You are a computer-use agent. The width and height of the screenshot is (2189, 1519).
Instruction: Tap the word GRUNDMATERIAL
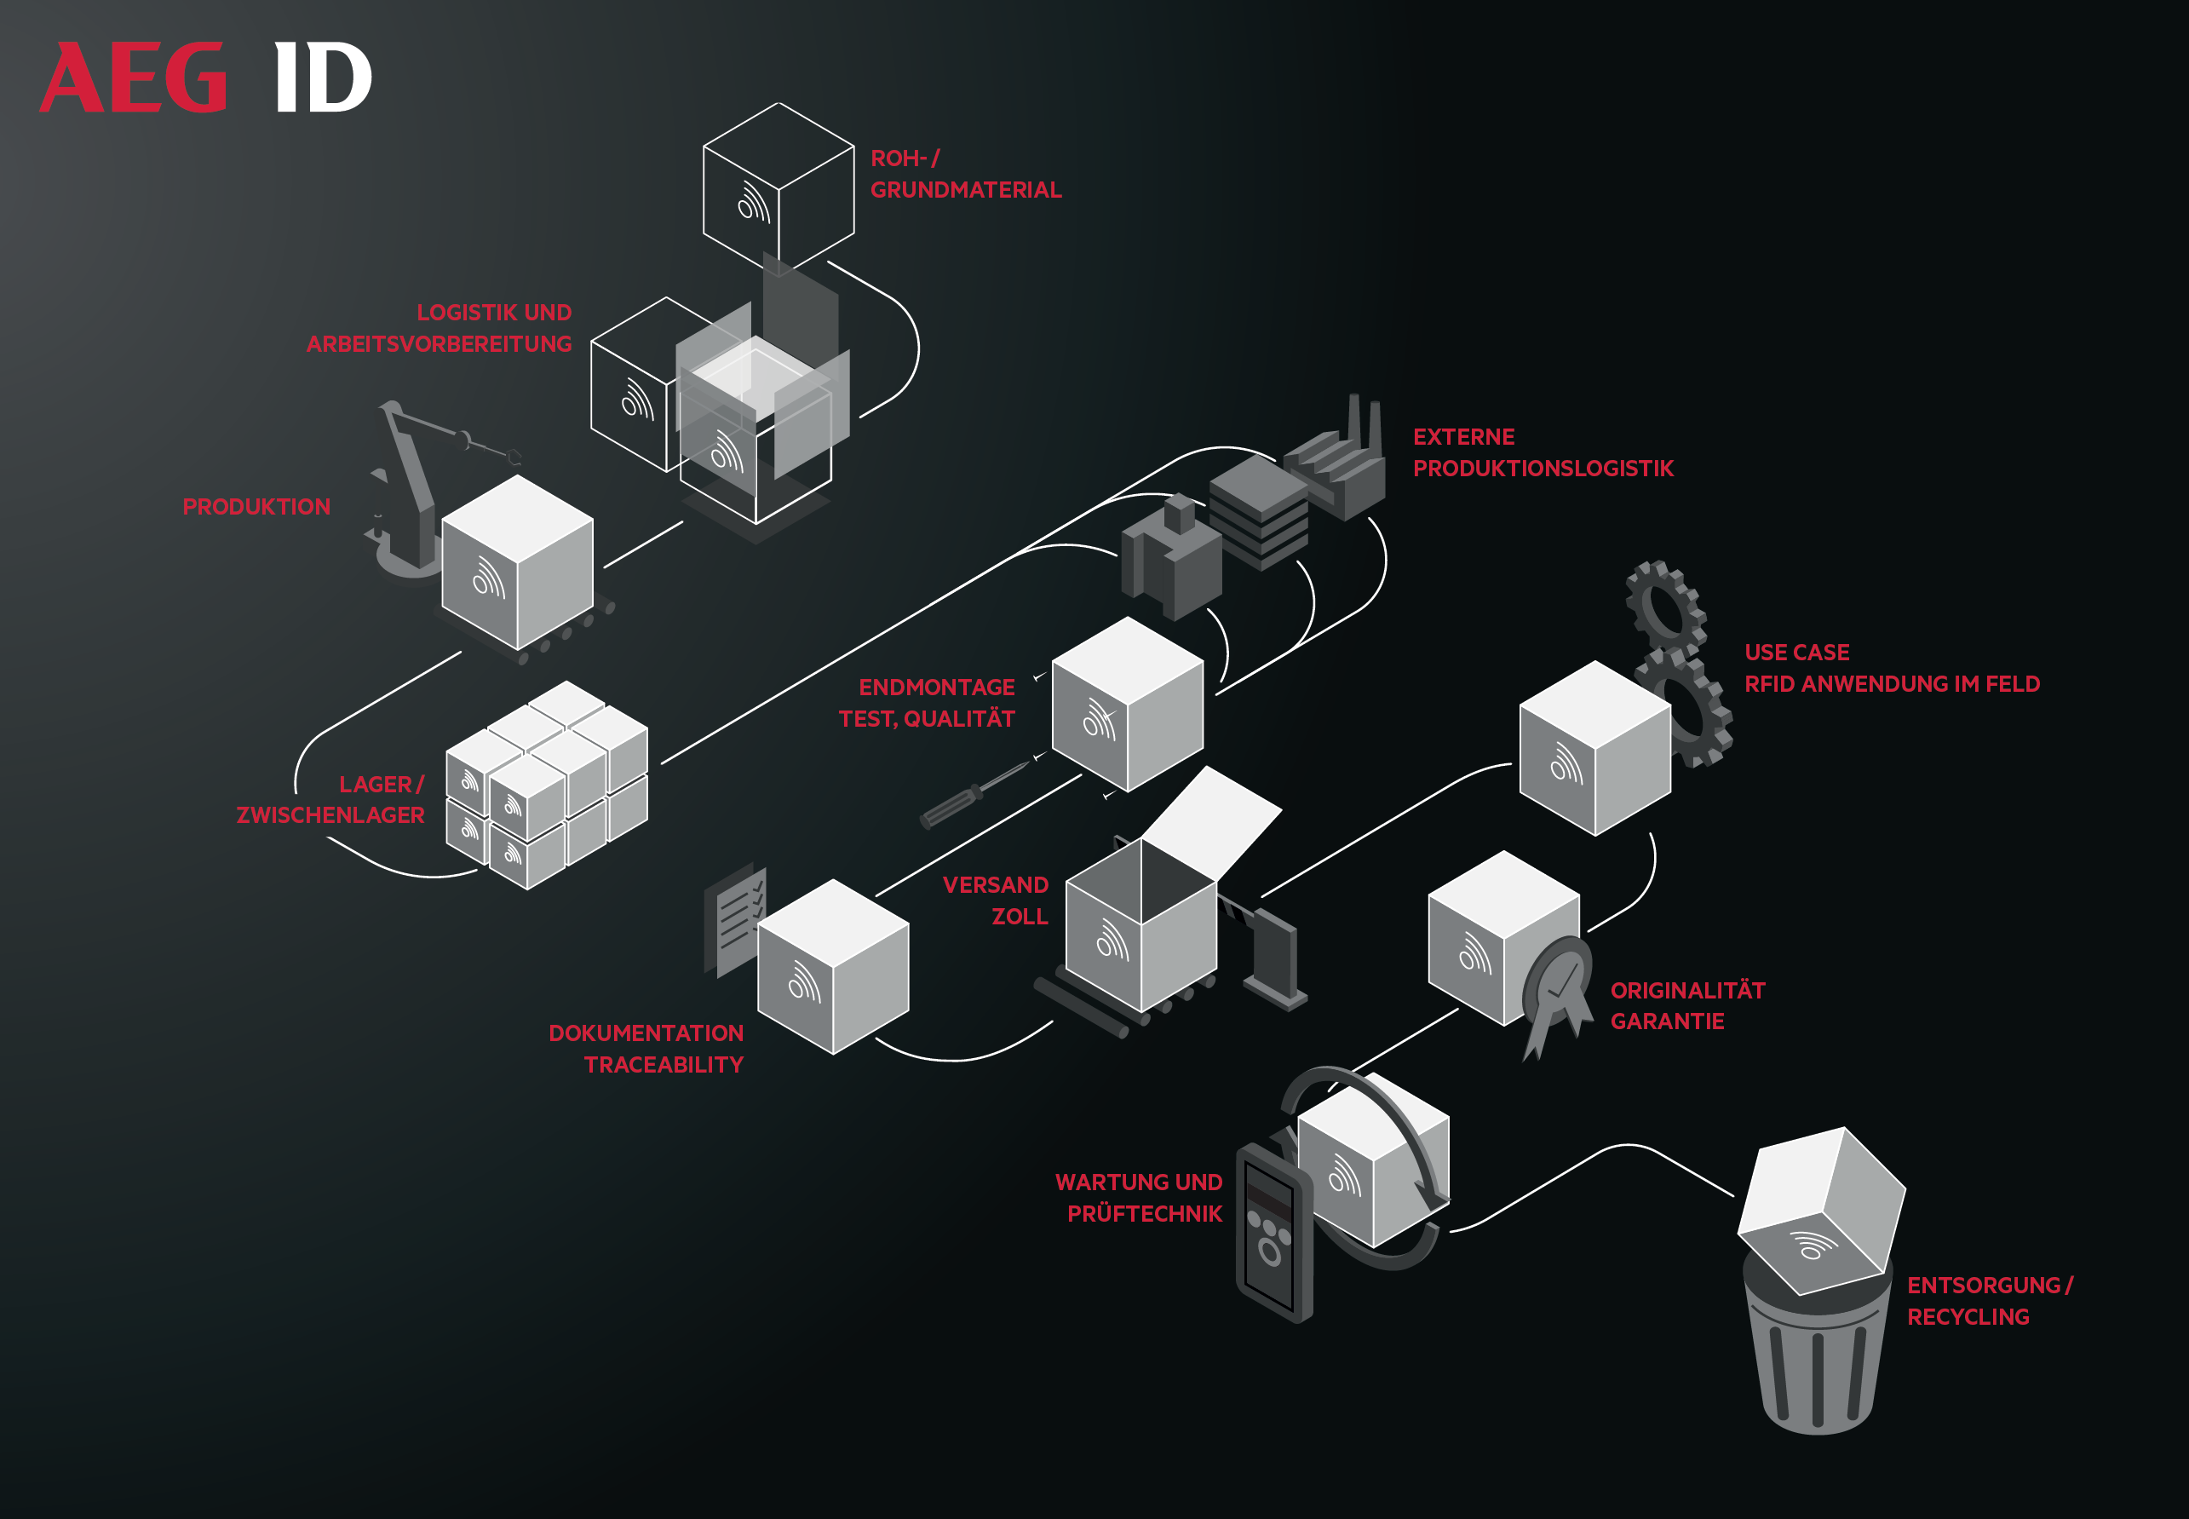click(966, 190)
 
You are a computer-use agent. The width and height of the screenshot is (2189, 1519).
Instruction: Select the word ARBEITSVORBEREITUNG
click(439, 344)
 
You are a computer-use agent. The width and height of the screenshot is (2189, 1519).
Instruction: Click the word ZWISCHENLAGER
click(330, 815)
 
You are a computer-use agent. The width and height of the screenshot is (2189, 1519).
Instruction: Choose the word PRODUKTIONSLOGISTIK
click(1543, 469)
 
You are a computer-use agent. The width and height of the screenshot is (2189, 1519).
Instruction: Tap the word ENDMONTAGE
click(936, 688)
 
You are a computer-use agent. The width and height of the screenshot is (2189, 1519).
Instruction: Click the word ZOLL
click(1019, 917)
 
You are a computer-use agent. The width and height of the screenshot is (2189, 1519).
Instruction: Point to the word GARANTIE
click(1667, 1021)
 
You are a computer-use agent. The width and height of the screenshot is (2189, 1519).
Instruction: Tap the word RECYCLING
click(1968, 1317)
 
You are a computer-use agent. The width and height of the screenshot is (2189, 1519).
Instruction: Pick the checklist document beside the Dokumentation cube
click(734, 918)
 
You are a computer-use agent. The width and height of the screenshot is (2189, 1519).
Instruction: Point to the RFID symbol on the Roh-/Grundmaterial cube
click(754, 202)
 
